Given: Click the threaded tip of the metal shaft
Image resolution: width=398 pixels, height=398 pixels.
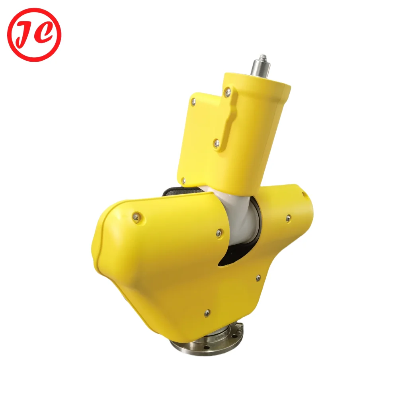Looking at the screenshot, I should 263,59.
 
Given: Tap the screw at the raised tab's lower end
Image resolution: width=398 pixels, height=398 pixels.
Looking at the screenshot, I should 217,142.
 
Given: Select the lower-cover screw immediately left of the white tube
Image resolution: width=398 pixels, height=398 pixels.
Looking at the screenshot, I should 219,232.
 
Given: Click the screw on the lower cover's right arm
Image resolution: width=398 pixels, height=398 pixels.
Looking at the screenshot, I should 288,217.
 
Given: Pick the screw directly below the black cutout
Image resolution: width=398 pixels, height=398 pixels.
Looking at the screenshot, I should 258,277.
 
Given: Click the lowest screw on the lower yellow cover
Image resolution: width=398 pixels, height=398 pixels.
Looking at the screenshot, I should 207,313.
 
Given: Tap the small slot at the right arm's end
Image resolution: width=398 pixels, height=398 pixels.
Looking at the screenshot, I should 304,194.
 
